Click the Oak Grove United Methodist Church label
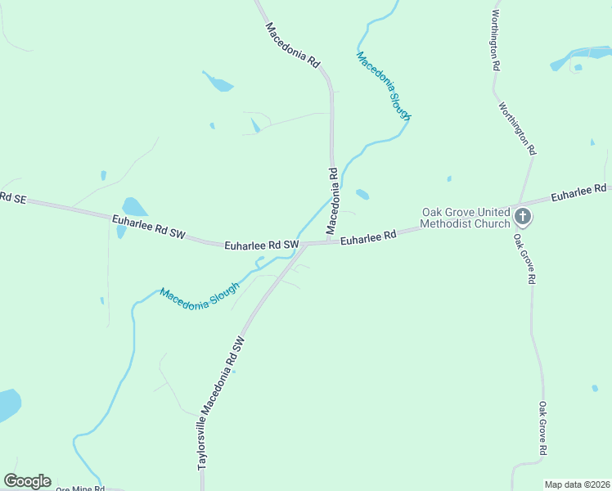pos(465,218)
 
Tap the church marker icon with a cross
pos(523,218)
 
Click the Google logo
pos(27,481)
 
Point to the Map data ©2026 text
pos(576,484)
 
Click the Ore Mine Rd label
pos(80,489)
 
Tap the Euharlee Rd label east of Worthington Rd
pos(578,193)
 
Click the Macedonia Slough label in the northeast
pos(383,87)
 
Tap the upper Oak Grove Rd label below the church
pos(524,259)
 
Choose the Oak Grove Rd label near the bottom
pos(542,428)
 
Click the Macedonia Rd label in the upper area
pos(292,44)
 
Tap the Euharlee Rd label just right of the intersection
pos(368,238)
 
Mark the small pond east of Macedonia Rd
pos(362,195)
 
